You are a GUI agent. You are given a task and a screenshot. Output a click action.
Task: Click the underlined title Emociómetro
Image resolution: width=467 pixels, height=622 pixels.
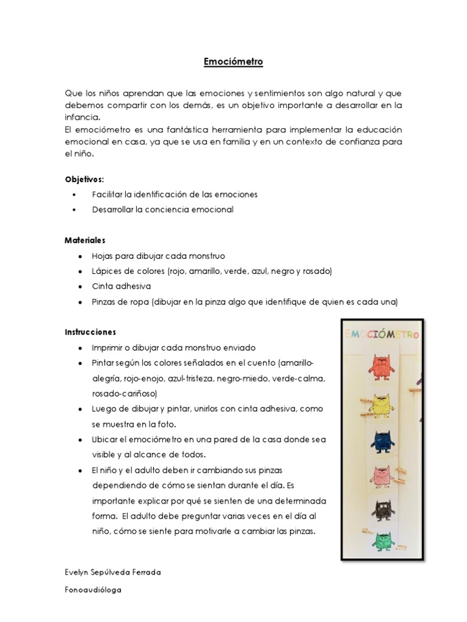point(233,62)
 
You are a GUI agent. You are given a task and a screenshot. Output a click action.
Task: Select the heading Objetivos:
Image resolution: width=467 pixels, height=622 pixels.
point(85,179)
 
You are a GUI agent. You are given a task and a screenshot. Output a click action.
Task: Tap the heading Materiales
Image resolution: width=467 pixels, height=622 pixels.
point(85,241)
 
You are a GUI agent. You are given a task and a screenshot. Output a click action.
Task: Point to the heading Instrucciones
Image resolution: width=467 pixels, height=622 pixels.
point(91,332)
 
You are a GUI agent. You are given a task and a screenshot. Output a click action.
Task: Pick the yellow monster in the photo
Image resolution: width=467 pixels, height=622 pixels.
point(382,403)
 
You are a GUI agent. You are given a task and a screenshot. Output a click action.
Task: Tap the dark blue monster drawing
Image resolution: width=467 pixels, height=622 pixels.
point(382,439)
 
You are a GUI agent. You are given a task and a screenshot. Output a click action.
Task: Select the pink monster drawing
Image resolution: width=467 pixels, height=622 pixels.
point(381,475)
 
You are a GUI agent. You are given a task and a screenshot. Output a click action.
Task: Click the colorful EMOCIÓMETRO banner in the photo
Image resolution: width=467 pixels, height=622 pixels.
point(382,333)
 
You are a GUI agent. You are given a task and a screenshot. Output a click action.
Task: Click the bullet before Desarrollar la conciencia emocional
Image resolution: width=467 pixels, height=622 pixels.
point(74,210)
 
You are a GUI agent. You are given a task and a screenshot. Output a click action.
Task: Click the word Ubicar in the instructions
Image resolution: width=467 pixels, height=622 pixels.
point(105,440)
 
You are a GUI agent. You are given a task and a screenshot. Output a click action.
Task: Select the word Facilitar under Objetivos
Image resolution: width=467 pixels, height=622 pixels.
point(107,194)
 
